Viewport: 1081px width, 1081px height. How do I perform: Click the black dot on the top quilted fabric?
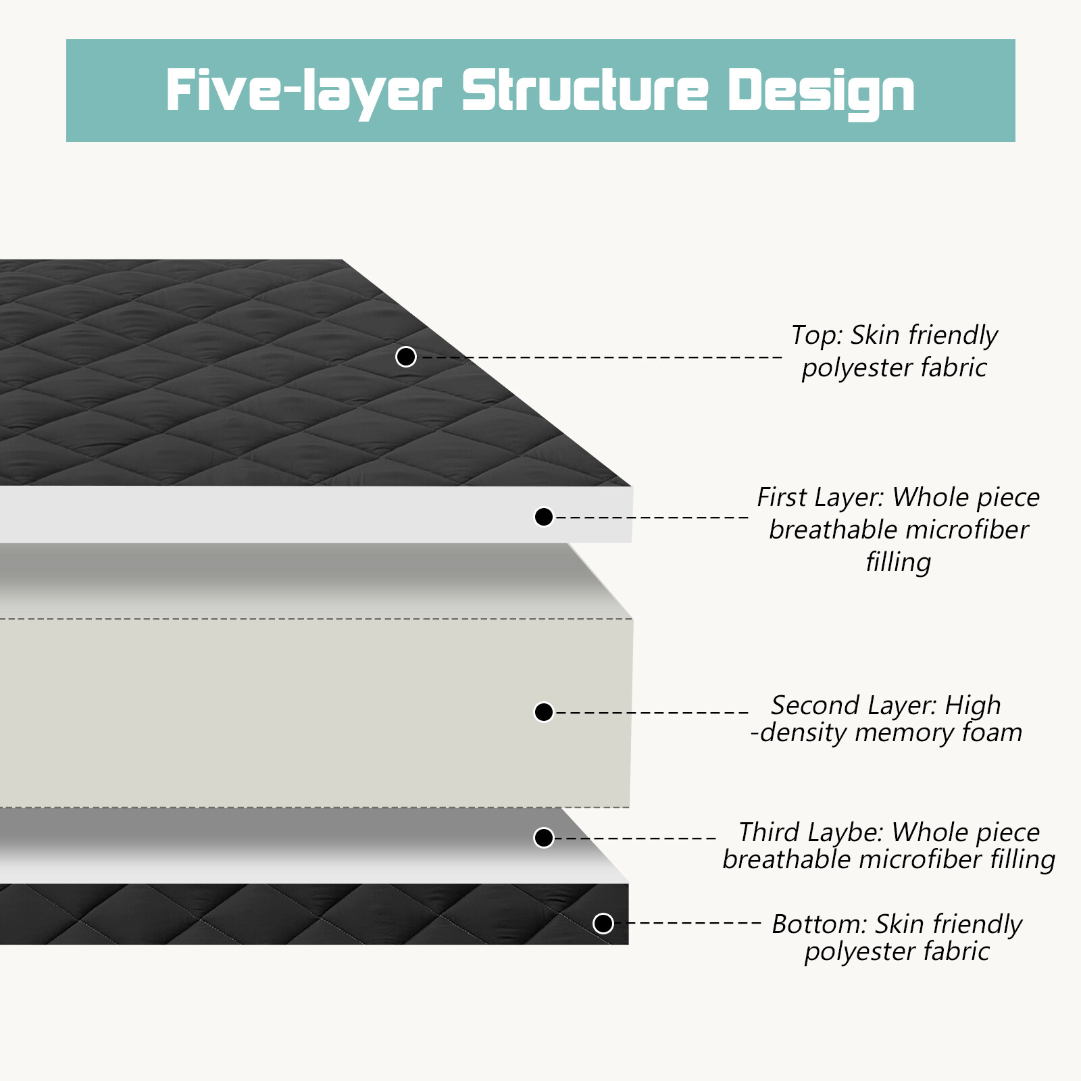(x=406, y=357)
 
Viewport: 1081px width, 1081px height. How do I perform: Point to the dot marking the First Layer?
(x=544, y=517)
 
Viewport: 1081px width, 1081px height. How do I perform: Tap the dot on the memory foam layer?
(x=544, y=712)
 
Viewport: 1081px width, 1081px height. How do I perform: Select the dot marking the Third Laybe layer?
(x=544, y=838)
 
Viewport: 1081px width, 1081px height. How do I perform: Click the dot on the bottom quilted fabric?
(x=603, y=923)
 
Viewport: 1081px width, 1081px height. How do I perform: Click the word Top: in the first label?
(x=817, y=335)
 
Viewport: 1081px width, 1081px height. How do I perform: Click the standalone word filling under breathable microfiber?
(x=899, y=562)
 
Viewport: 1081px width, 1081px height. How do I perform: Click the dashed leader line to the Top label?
(x=602, y=357)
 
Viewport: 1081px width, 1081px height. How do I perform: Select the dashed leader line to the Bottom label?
(x=687, y=923)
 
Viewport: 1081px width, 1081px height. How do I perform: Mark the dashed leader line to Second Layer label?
(x=651, y=712)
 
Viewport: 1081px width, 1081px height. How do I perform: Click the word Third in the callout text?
(x=770, y=832)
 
